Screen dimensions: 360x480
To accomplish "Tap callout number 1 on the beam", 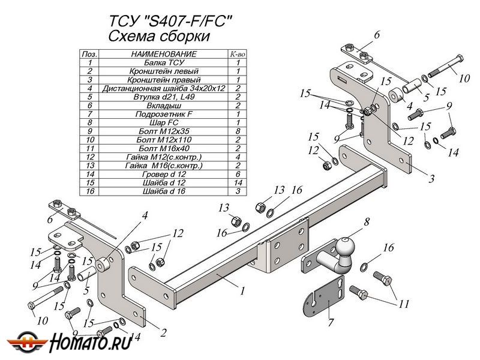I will pos(242,292).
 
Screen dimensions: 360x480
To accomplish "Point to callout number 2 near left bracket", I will pos(163,331).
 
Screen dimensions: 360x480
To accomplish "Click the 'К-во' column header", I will pos(238,54).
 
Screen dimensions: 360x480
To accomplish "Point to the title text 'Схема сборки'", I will pos(159,36).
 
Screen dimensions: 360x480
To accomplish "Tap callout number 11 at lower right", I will pos(403,304).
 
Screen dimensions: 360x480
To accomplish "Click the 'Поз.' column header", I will pos(89,54).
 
